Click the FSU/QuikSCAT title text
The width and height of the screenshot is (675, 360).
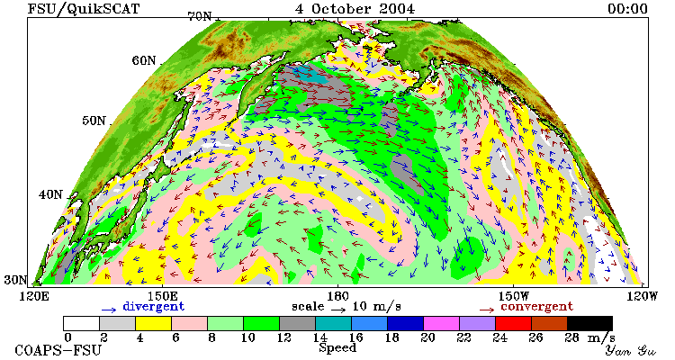[x=84, y=9]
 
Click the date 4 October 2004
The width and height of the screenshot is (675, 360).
[x=355, y=9]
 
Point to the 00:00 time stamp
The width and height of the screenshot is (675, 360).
[x=627, y=9]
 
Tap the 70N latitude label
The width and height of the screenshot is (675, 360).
[x=200, y=16]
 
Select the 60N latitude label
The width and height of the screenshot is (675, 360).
[x=144, y=60]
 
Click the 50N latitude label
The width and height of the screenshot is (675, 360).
[x=94, y=120]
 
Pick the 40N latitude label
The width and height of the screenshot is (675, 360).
[x=50, y=194]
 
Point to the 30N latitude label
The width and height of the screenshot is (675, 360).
[x=15, y=280]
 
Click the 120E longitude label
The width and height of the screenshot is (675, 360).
[x=36, y=296]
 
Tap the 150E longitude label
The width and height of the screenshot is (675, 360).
[x=162, y=296]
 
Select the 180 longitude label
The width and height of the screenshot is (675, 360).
[x=337, y=296]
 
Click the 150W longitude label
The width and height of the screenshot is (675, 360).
[x=514, y=296]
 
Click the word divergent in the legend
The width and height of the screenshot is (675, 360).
[x=154, y=307]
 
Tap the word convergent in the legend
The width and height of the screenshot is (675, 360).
[x=536, y=307]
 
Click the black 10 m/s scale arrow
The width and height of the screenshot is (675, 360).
[x=338, y=310]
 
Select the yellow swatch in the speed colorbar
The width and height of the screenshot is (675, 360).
[x=153, y=323]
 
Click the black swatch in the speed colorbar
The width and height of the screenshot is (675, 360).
[x=589, y=323]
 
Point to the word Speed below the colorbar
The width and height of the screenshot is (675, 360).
[x=337, y=348]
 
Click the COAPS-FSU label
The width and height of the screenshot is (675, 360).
[x=58, y=350]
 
